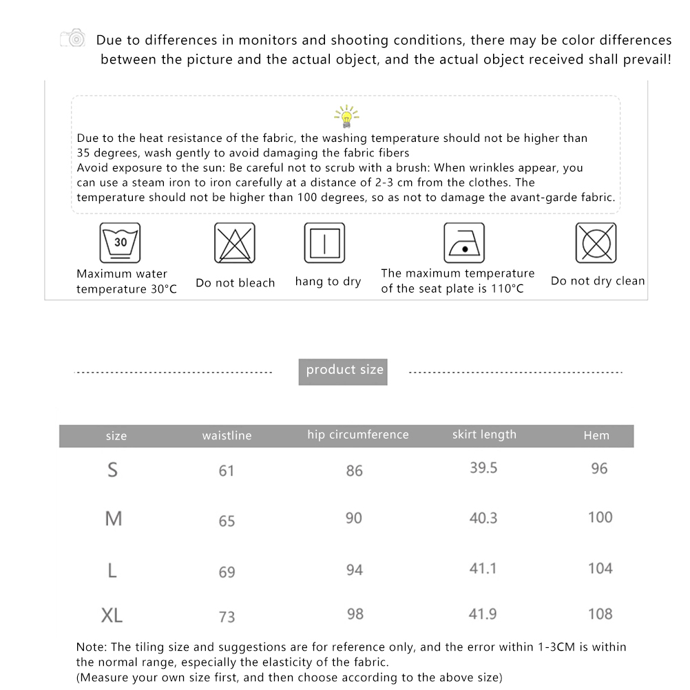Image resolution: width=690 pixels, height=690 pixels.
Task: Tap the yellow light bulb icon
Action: [346, 116]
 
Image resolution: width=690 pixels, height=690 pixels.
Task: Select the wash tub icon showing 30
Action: [121, 242]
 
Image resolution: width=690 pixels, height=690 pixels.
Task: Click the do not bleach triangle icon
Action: [235, 242]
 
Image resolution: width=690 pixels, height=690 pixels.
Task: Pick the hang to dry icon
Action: [324, 242]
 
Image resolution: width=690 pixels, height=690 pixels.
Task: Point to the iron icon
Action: [464, 242]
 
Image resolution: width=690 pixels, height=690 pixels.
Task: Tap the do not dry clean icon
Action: [596, 242]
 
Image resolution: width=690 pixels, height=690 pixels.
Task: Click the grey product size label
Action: [344, 370]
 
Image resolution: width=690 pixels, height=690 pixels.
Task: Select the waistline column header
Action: [227, 436]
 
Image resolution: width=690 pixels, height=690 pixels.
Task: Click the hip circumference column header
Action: [358, 435]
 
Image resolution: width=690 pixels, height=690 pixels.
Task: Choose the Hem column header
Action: [596, 435]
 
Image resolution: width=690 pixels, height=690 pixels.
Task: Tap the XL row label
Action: [112, 615]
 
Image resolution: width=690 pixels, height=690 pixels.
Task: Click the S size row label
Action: [113, 470]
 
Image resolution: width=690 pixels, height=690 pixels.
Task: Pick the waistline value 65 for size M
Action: [227, 521]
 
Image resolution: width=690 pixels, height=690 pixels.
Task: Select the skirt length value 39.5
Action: [483, 468]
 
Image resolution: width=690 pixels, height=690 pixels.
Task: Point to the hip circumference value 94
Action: [354, 569]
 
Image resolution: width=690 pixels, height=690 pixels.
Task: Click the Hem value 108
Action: [600, 614]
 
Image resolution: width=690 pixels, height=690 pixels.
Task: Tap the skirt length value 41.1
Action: [483, 568]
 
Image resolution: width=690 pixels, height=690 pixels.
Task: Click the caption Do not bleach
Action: [235, 283]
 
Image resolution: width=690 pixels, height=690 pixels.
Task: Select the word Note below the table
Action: [90, 647]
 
